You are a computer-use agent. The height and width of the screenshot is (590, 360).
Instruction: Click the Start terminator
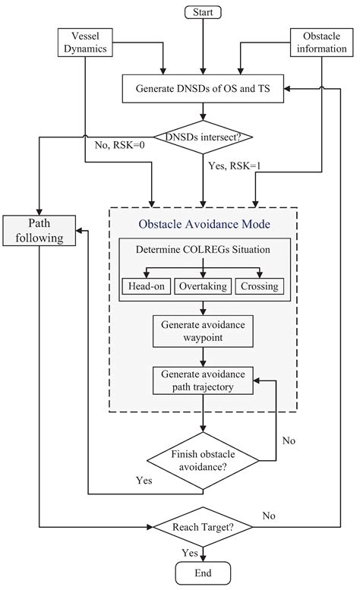(202, 11)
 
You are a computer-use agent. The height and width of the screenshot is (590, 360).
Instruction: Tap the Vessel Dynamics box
(87, 42)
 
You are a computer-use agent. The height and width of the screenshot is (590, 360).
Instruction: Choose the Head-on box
(146, 286)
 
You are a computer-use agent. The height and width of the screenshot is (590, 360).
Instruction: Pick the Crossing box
(261, 286)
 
